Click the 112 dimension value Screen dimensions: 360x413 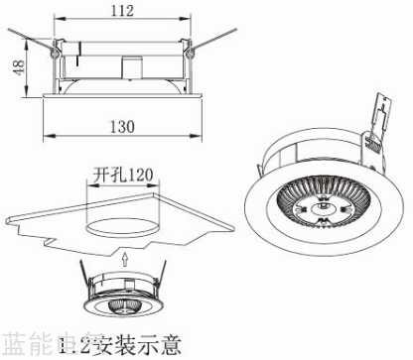(122, 11)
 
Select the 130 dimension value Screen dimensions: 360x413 (122, 127)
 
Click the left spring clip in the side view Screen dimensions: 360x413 (30, 41)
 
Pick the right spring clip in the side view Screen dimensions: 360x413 (214, 41)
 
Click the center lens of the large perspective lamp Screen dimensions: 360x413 (322, 208)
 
